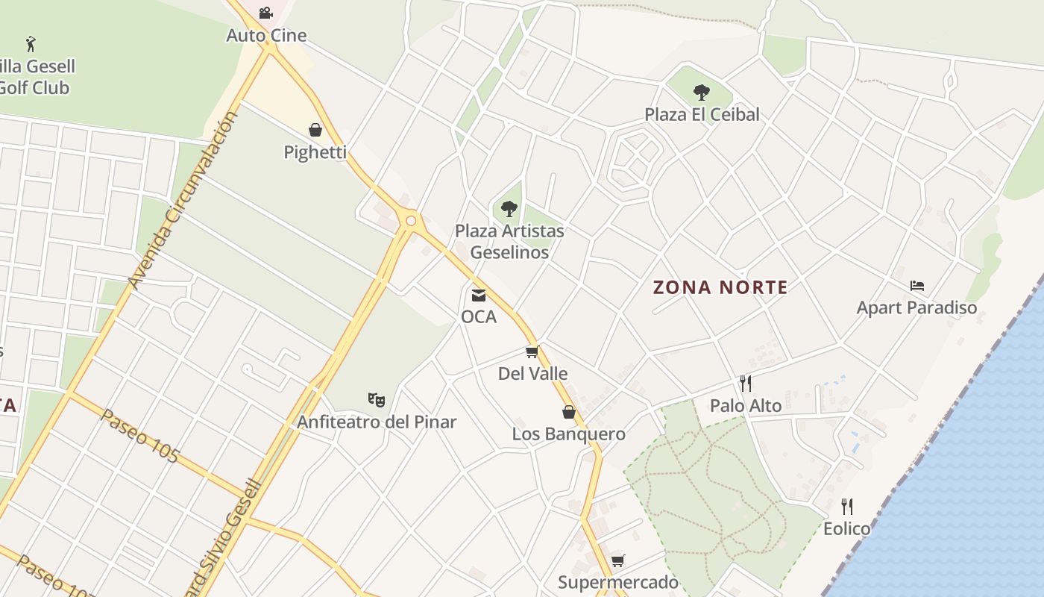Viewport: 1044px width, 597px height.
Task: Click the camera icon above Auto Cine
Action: [x=265, y=13]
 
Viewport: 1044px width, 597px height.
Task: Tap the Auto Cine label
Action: [x=266, y=35]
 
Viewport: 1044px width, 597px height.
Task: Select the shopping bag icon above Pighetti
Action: [x=315, y=130]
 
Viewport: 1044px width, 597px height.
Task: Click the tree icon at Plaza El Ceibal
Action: [x=701, y=93]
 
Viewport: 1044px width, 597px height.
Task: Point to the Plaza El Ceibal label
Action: [x=702, y=114]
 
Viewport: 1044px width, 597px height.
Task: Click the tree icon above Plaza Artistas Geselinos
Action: [x=509, y=209]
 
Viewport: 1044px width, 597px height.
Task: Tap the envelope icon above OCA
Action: [x=478, y=296]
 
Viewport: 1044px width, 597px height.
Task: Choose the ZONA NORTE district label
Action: [x=720, y=287]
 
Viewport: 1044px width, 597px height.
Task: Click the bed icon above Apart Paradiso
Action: [x=917, y=286]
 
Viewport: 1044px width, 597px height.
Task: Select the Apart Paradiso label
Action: [x=916, y=307]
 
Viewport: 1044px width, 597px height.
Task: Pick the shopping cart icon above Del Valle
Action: [x=532, y=352]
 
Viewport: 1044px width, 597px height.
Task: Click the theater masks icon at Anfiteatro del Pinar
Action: [x=377, y=401]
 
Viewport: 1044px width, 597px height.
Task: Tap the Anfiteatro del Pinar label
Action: [x=377, y=422]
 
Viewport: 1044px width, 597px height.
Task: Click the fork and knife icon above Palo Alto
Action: [x=746, y=384]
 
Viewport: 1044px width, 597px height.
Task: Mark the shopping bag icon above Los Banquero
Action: [x=569, y=412]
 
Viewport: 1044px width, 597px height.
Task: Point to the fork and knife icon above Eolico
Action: [x=846, y=507]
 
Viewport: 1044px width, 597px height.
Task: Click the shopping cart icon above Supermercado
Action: [x=617, y=560]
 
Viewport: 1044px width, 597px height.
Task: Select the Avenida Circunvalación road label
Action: [x=183, y=200]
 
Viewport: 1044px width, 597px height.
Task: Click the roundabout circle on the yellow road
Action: [x=410, y=220]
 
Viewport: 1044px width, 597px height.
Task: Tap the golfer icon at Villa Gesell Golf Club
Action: [x=31, y=44]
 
